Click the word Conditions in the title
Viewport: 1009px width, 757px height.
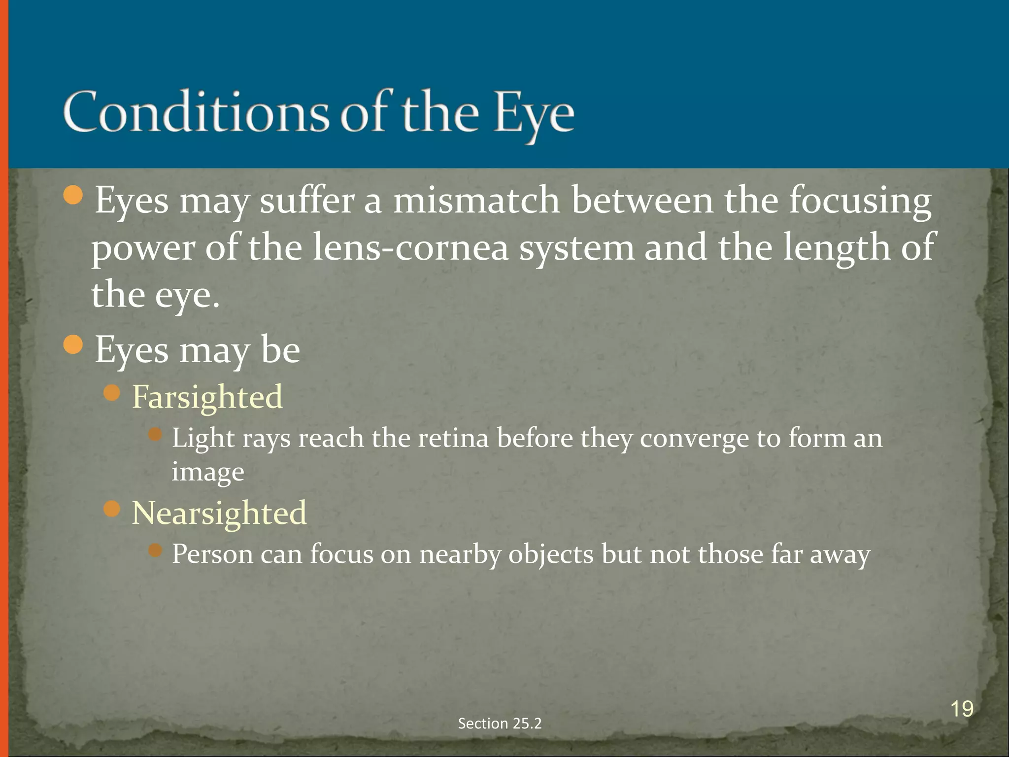click(x=196, y=112)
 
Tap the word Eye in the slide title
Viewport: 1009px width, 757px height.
click(x=534, y=114)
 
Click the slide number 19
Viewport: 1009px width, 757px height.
click(x=961, y=709)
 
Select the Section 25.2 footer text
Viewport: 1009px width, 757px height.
click(x=500, y=723)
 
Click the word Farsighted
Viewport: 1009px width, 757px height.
click(x=207, y=397)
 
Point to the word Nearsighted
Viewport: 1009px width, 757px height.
click(x=219, y=513)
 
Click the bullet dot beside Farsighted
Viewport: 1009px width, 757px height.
click(x=112, y=393)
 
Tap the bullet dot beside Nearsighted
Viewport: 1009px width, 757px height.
click(x=112, y=509)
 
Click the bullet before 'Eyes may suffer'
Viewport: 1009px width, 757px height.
click(x=73, y=196)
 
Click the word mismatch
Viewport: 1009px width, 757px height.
click(x=476, y=201)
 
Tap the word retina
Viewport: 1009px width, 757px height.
click(x=453, y=438)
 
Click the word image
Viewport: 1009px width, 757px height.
click(x=207, y=472)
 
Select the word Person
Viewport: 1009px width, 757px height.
click(x=212, y=554)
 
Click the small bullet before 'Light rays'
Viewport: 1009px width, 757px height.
click(x=155, y=434)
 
